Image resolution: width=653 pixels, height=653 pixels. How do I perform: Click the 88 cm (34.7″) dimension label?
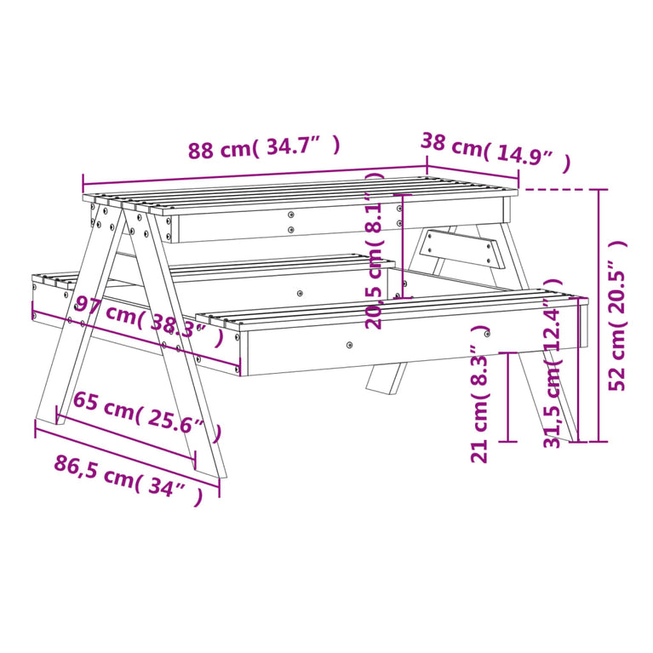coord(265,148)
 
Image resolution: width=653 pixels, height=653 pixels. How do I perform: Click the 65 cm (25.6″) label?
coord(146,417)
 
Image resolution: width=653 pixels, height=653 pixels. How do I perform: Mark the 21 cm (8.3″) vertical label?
coord(479,394)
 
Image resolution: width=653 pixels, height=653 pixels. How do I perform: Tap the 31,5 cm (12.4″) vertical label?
coord(553,364)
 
